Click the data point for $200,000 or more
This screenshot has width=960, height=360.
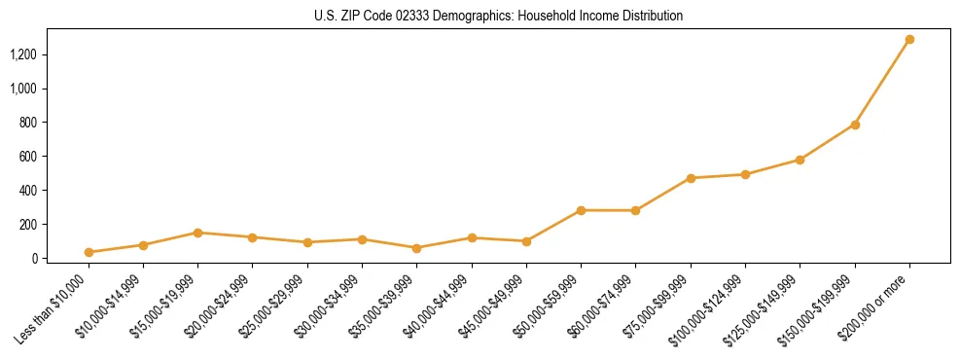tap(909, 40)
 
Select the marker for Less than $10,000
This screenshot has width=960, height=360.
tap(89, 252)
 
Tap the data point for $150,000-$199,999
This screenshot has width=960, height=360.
tap(855, 125)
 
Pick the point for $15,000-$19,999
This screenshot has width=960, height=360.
tap(197, 233)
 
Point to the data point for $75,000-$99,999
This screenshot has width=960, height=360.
tap(691, 178)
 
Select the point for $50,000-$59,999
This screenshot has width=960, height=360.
tap(581, 210)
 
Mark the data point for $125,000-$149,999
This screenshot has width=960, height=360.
tap(800, 160)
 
